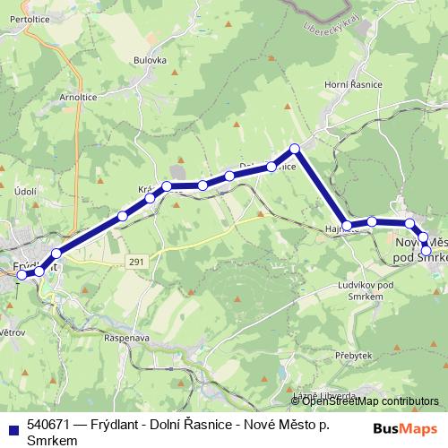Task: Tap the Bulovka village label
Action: pyautogui.click(x=151, y=61)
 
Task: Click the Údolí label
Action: pyautogui.click(x=24, y=192)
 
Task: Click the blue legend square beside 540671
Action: pyautogui.click(x=13, y=426)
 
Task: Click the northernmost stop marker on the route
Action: pyautogui.click(x=294, y=149)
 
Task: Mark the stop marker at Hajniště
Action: pyautogui.click(x=347, y=225)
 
